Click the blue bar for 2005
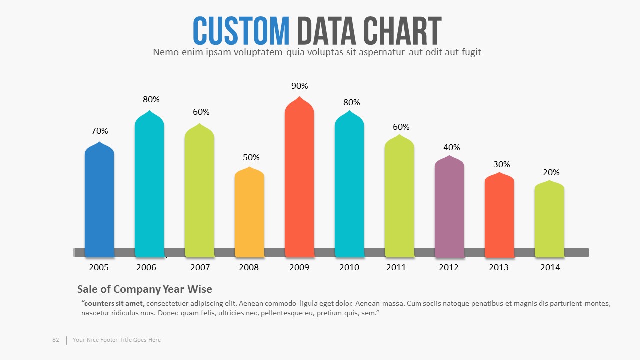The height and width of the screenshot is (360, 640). click(x=99, y=200)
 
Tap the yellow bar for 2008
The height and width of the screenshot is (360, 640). click(x=249, y=212)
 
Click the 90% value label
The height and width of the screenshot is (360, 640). click(x=300, y=86)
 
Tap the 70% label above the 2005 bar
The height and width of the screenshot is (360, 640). click(x=100, y=131)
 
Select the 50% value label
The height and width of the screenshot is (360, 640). click(x=251, y=157)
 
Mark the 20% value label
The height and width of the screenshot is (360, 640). click(x=551, y=172)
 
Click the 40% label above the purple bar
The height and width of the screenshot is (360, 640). click(x=452, y=147)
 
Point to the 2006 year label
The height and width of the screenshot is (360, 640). click(x=146, y=267)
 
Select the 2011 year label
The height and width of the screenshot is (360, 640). click(x=396, y=267)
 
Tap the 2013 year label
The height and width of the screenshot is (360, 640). click(x=499, y=267)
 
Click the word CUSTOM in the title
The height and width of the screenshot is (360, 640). click(x=241, y=31)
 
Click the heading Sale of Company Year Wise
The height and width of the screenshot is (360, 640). click(x=145, y=289)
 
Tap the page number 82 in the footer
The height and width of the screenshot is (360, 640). click(x=56, y=340)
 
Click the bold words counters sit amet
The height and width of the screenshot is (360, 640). click(x=113, y=303)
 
